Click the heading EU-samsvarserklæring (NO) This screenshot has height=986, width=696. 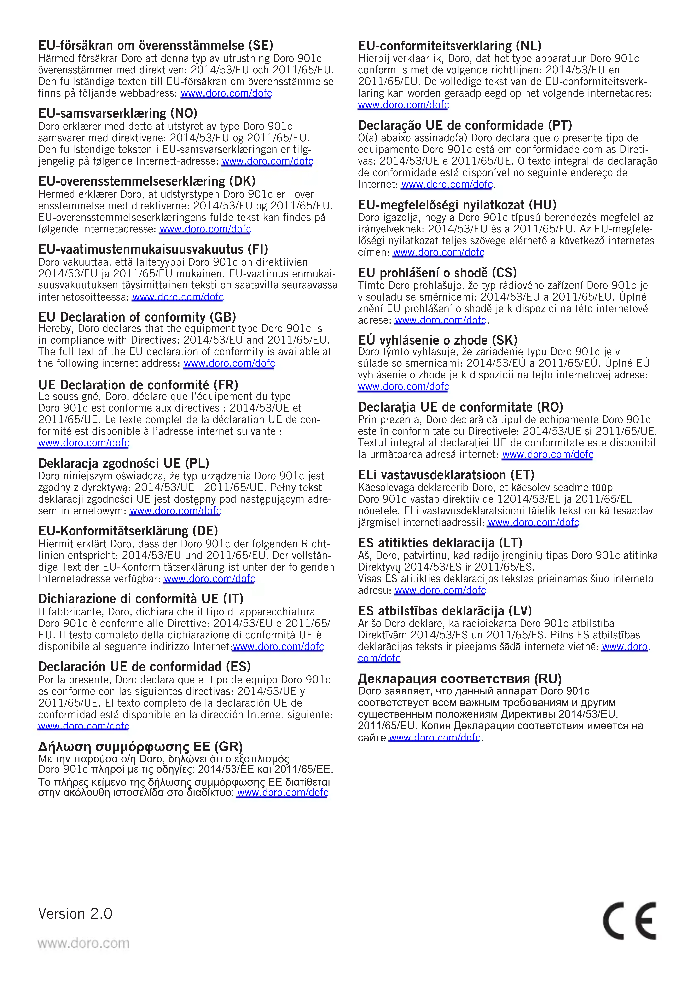(118, 113)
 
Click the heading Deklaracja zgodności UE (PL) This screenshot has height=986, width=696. (124, 463)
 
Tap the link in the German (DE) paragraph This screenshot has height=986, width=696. (209, 579)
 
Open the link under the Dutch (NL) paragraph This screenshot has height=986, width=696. (404, 105)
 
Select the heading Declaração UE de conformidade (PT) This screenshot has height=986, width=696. (465, 125)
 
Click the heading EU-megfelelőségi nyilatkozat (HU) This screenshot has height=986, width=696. (457, 205)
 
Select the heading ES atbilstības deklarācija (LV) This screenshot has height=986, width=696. (445, 611)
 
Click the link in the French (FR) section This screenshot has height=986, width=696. (84, 443)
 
